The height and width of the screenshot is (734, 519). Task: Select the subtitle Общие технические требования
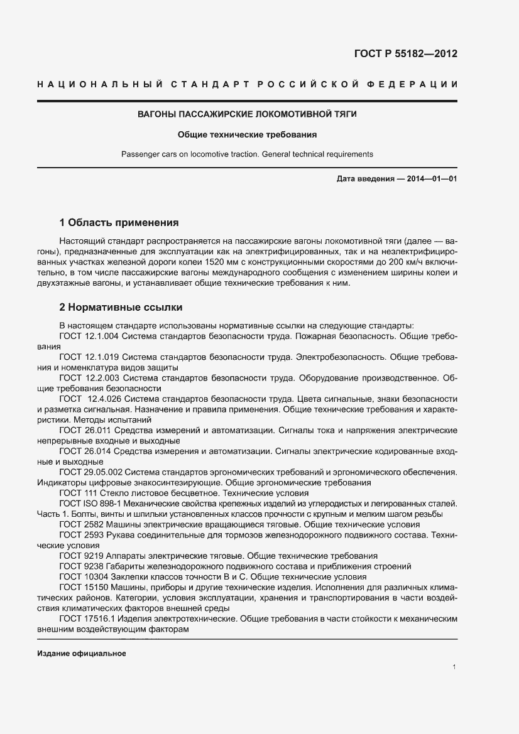pyautogui.click(x=247, y=134)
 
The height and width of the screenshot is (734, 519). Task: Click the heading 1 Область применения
pyautogui.click(x=119, y=222)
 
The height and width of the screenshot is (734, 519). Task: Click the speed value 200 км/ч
pyautogui.click(x=408, y=261)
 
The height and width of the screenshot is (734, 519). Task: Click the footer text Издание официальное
pyautogui.click(x=82, y=654)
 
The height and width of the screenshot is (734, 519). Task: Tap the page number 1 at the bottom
pyautogui.click(x=454, y=667)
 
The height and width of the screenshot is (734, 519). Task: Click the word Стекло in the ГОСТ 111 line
pyautogui.click(x=114, y=493)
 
